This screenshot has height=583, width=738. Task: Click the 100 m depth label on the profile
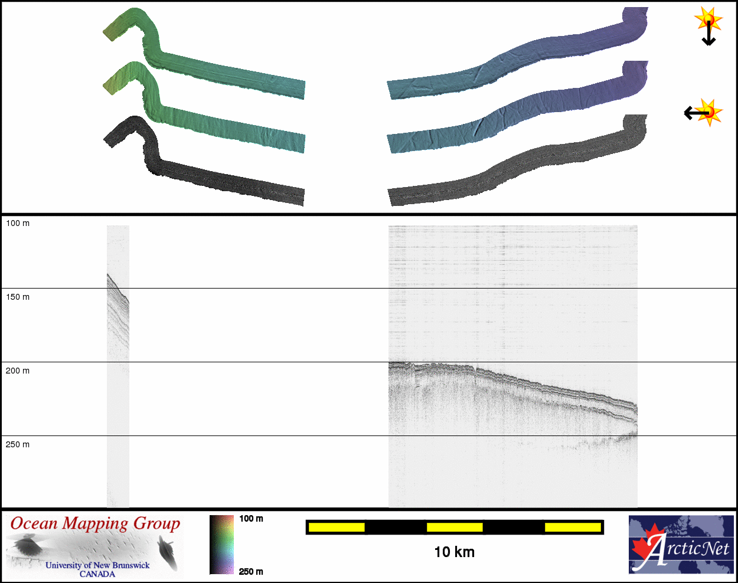point(18,224)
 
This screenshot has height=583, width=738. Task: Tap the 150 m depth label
point(18,297)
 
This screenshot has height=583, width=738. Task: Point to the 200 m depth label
point(18,371)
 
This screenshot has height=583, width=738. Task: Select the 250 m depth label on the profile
point(18,444)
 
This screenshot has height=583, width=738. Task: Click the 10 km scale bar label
point(455,552)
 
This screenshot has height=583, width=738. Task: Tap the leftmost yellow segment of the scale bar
point(337,527)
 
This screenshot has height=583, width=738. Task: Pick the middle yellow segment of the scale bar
point(455,527)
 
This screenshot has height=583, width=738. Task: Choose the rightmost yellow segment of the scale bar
point(573,527)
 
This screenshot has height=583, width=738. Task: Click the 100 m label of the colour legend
point(251,519)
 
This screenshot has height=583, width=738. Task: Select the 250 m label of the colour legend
point(251,572)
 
